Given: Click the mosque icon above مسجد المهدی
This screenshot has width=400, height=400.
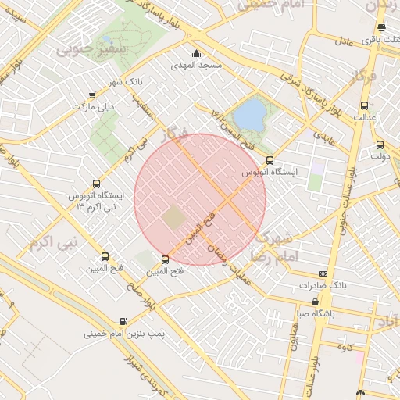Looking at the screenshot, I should click(x=196, y=54).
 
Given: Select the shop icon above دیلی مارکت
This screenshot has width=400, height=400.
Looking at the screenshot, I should click(x=93, y=95).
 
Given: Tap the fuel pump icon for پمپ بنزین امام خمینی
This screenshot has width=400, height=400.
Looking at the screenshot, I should click(x=123, y=321).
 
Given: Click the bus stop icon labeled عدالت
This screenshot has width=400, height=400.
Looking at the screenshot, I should click(x=364, y=105).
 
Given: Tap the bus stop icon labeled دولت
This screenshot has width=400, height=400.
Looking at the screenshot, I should click(x=380, y=145).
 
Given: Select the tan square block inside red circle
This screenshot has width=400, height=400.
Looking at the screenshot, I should click(x=174, y=218).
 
